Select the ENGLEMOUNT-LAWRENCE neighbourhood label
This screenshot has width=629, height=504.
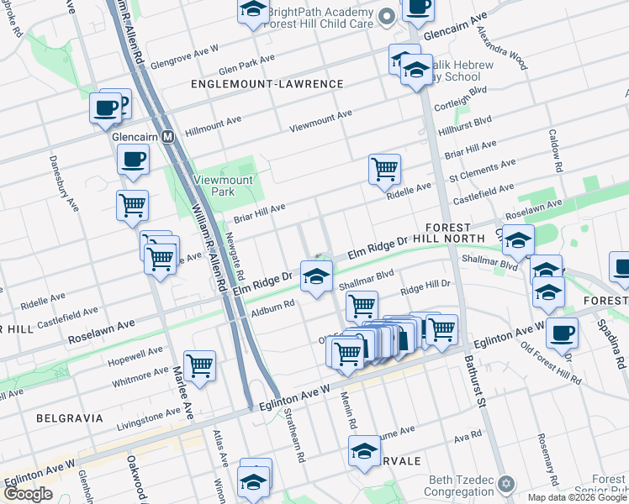pos(267,84)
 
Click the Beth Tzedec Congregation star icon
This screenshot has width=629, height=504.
pos(505,483)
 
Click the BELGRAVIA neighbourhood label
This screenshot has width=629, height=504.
pos(70,417)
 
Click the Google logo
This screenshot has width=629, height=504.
pos(28,494)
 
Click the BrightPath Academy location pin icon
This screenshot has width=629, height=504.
pos(386,16)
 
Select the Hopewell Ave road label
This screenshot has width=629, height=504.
pos(136,357)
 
